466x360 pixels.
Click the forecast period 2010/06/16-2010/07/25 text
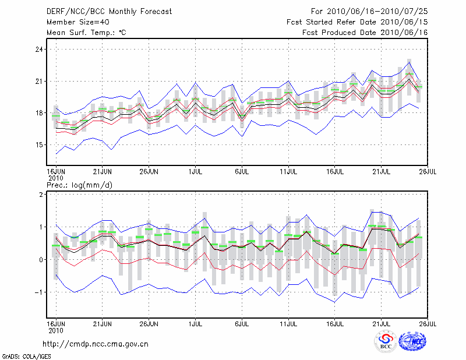click(x=369, y=11)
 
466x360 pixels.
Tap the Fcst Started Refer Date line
click(x=357, y=22)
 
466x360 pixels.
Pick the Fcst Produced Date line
click(x=365, y=32)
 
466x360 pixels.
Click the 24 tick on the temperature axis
click(x=40, y=50)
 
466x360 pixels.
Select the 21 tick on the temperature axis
click(x=40, y=81)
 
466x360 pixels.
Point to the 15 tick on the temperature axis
click(x=40, y=144)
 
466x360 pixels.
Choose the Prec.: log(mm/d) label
click(x=79, y=185)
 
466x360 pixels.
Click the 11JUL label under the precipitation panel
click(x=289, y=323)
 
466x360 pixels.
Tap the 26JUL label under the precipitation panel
click(x=428, y=323)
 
